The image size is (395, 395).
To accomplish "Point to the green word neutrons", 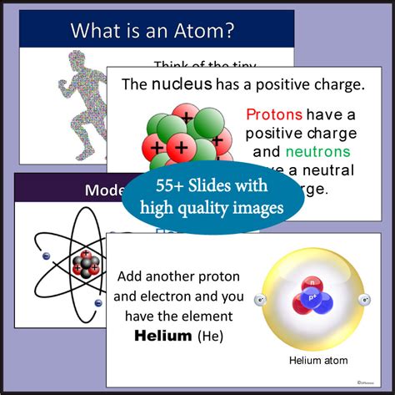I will click(317, 152).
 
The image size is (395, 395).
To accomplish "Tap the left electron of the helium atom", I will click(262, 298).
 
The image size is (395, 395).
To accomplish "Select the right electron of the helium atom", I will click(363, 298).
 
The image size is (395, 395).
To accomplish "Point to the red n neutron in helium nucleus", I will click(313, 281).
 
